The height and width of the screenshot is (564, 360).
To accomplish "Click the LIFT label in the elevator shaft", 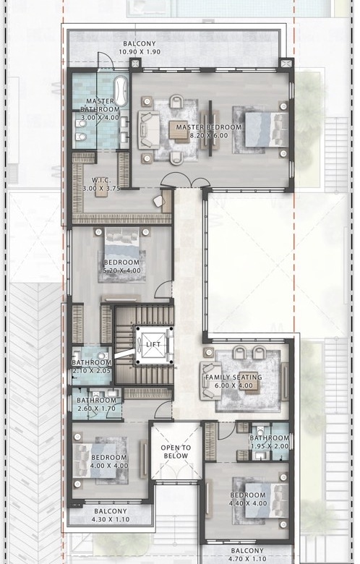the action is coord(153,344).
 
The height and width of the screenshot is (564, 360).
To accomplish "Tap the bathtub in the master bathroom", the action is coord(121,90).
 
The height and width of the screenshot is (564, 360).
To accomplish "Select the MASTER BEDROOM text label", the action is coord(209,127).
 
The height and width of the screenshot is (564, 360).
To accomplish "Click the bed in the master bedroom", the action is coord(267,129).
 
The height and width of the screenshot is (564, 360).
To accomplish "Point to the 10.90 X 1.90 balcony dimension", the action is coord(140,52).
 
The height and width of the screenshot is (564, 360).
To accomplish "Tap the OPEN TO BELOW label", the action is coord(176,452).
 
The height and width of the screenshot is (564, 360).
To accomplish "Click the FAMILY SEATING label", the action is coord(233,377).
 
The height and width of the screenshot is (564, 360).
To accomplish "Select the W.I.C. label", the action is coord(101,180).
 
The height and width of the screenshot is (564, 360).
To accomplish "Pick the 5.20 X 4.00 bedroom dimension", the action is coord(122,270).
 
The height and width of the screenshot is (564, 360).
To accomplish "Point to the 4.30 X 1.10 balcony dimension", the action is coord(111,519).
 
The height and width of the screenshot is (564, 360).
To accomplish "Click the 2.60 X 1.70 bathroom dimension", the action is coord(96,409).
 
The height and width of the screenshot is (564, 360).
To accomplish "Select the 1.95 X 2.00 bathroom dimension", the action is coord(270,446).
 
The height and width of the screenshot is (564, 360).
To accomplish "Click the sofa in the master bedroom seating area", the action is coord(148,129).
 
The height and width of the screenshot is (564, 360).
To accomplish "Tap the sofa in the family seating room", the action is coord(212,380).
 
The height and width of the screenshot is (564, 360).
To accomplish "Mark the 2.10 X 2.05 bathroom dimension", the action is coord(91,371).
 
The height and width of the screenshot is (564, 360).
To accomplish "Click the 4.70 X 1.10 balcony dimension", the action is coord(247,559).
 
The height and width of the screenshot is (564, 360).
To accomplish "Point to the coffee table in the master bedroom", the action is coord(179,130).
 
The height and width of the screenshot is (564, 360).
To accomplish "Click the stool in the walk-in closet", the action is coord(101,192).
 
